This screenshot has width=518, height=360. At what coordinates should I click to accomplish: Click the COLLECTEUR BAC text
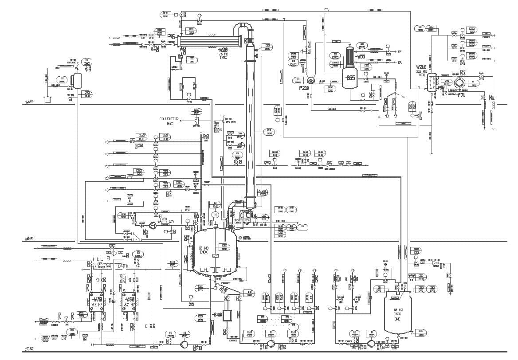coord(169,121)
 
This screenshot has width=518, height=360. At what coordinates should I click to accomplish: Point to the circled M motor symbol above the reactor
coord(216,215)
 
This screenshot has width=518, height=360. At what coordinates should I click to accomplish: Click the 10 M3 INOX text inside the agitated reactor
coord(204,250)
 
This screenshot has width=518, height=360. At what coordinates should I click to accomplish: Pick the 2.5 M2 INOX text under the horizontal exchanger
coord(223,55)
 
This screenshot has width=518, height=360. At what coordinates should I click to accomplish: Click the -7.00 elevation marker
coord(30,349)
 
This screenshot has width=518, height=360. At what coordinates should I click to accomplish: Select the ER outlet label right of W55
coord(400,63)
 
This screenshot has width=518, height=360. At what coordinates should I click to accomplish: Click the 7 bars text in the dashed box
coord(101,266)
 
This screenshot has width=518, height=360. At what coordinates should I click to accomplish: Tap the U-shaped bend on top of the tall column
coord(242,29)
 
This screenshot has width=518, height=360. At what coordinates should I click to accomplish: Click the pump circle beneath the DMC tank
coord(371,344)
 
